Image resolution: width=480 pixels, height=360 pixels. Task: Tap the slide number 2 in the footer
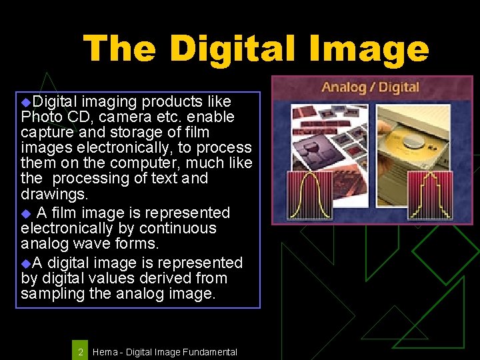(80, 351)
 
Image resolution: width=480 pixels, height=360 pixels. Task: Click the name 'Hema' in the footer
(104, 351)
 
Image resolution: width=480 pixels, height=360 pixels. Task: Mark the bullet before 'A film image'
(26, 214)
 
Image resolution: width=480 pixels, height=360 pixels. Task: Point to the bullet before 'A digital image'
(26, 263)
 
